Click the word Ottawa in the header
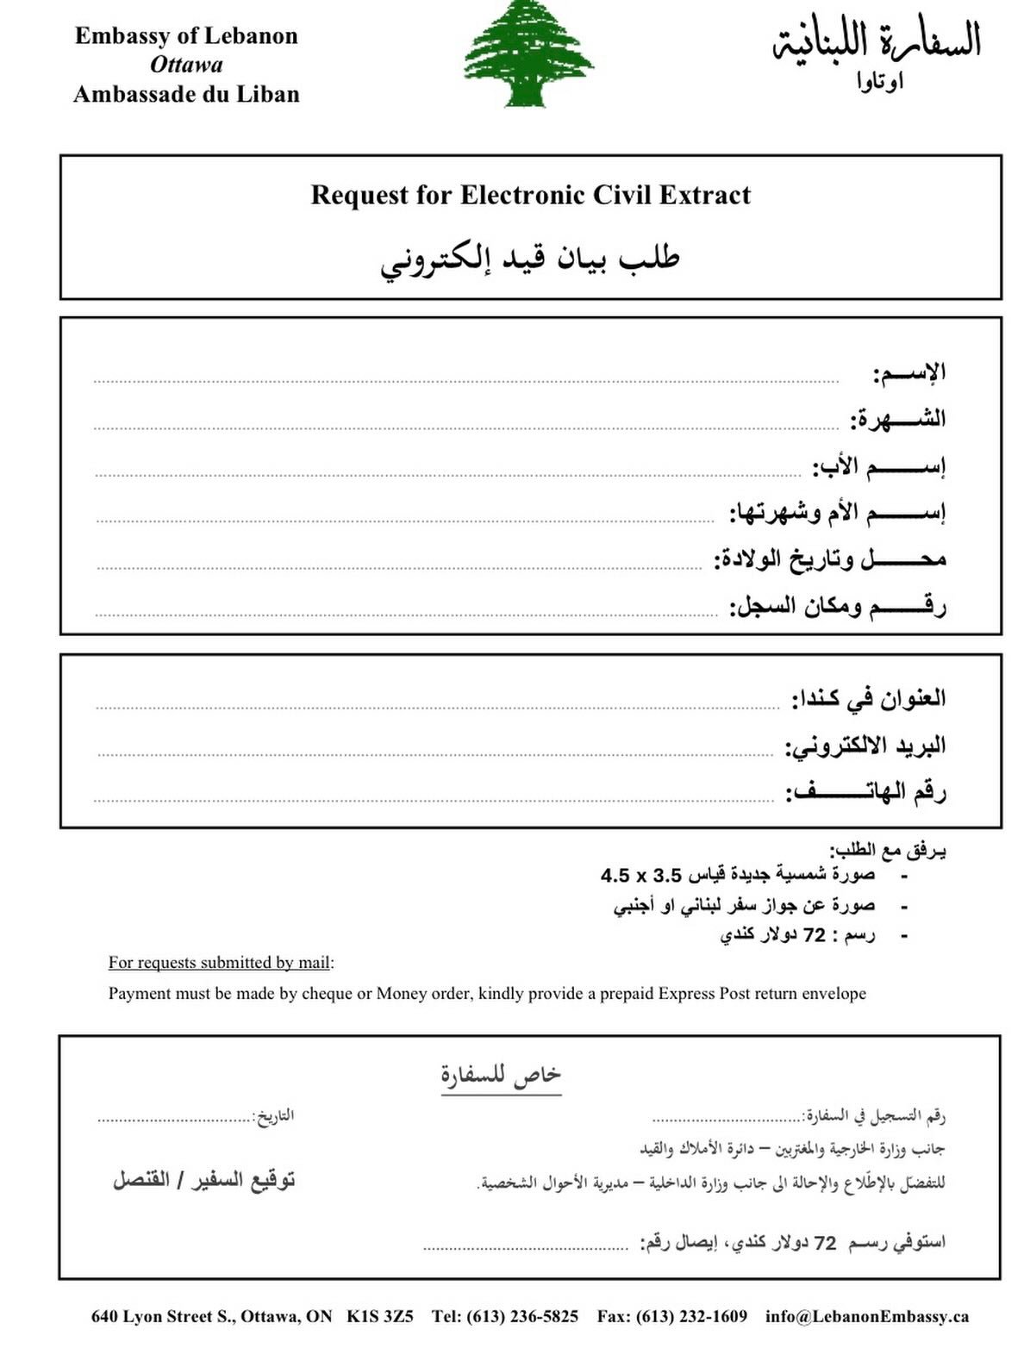(x=186, y=65)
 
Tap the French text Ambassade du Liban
(x=186, y=94)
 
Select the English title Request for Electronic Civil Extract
(x=530, y=195)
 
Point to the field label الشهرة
(x=898, y=420)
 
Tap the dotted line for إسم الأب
(x=448, y=473)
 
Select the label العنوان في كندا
(x=868, y=698)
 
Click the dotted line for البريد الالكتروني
(x=435, y=753)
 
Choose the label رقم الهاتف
(x=865, y=791)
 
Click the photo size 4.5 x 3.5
(x=640, y=876)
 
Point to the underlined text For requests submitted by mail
(x=220, y=963)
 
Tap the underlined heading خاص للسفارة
(x=501, y=1075)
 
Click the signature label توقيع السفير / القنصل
(x=204, y=1179)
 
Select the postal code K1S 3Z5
(x=380, y=1316)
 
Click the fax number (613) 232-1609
(x=691, y=1316)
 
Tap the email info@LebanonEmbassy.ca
(x=866, y=1316)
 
